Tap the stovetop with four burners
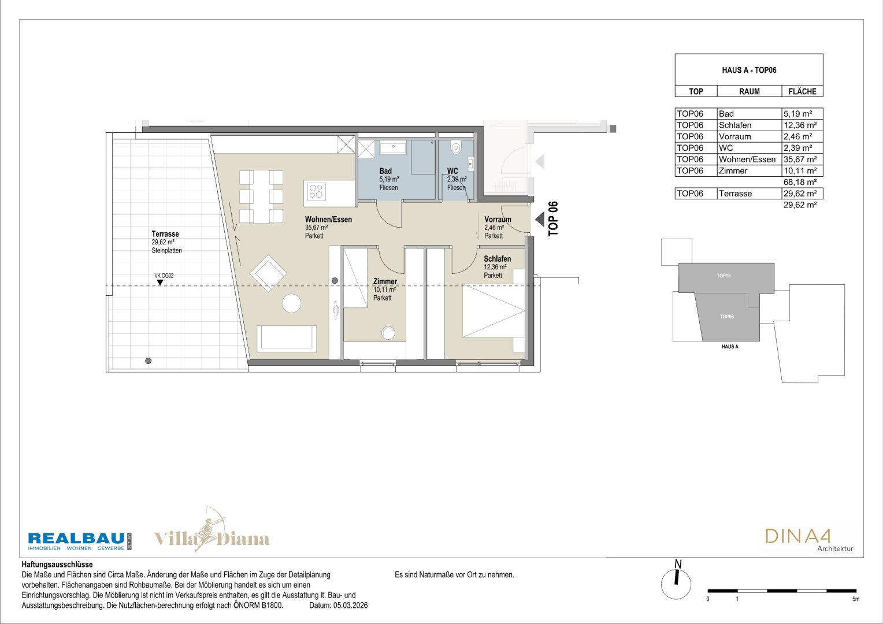[x=316, y=191]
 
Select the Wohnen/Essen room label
[x=328, y=220]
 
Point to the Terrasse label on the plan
[x=165, y=234]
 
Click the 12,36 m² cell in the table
[x=800, y=125]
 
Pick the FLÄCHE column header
[x=802, y=91]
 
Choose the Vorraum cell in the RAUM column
[x=735, y=136]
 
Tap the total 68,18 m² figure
[x=800, y=182]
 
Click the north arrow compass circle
[x=676, y=585]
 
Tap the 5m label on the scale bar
[x=856, y=599]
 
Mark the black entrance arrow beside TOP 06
[x=540, y=219]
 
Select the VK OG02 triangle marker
[x=160, y=282]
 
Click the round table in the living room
[x=292, y=303]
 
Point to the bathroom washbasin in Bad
[x=392, y=148]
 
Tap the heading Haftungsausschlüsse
[x=57, y=564]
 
